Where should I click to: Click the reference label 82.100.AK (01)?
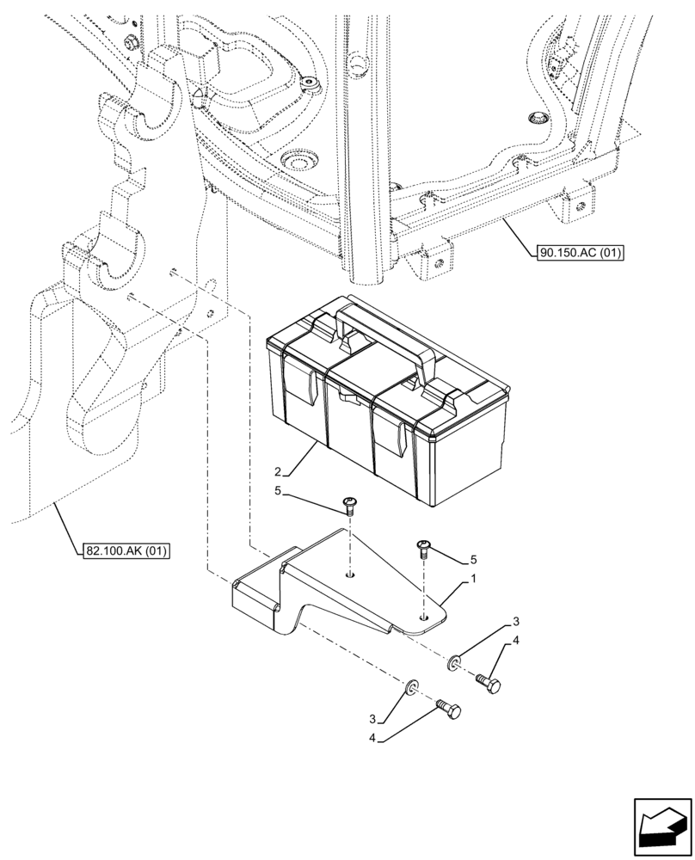tap(126, 550)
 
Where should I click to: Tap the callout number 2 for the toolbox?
tap(278, 471)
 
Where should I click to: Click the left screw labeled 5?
tap(350, 505)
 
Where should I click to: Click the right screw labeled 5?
tap(424, 546)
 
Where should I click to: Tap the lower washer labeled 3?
tap(412, 686)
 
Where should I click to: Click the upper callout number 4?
tap(515, 640)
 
